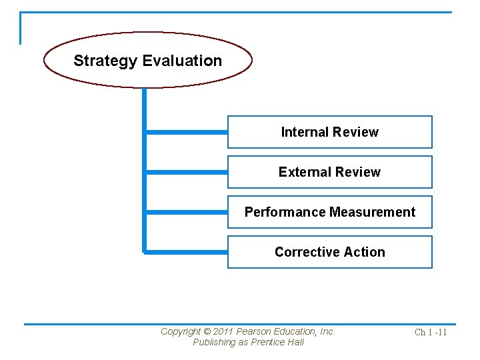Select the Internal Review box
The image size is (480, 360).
(329, 132)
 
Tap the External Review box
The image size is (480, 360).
(329, 172)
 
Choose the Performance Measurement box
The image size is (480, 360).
(329, 212)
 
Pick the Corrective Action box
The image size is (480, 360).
(329, 252)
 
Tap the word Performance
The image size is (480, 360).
(285, 212)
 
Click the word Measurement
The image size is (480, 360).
(373, 212)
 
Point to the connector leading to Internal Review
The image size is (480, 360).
(187, 133)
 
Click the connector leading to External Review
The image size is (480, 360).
(187, 172)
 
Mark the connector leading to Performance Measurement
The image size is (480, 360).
(187, 213)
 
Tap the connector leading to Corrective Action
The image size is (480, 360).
(187, 252)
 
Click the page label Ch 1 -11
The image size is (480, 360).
(431, 332)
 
